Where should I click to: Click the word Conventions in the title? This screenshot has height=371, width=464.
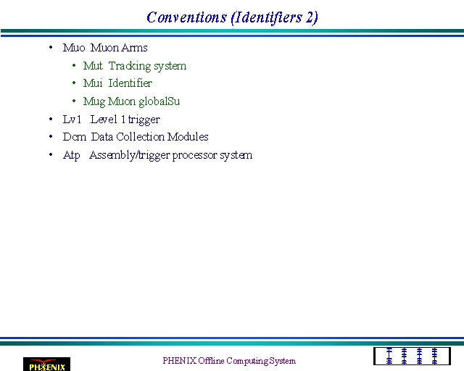[186, 17]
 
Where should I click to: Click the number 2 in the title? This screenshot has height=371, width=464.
[310, 17]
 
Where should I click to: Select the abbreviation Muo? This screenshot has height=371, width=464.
[74, 48]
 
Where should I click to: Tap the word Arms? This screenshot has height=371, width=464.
[134, 48]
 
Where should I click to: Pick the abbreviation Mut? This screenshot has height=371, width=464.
[93, 66]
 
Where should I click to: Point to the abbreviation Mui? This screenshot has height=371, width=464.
[93, 83]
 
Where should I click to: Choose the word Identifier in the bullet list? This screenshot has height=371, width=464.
[130, 83]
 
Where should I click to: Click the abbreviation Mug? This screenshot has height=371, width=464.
[94, 101]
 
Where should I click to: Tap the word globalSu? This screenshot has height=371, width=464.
[159, 101]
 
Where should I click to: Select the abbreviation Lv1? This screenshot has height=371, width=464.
[72, 120]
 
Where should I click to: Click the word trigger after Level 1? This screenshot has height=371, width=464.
[144, 120]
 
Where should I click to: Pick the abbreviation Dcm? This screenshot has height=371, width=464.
[75, 137]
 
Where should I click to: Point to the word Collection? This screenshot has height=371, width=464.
[140, 137]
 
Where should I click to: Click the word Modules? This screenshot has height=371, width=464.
[188, 137]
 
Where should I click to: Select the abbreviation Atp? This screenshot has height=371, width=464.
[71, 155]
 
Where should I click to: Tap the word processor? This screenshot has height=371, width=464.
[195, 155]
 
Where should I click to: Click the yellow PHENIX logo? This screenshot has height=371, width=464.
[46, 364]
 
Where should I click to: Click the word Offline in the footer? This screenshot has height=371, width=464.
[211, 361]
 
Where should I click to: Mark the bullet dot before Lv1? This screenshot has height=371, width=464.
[51, 120]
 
